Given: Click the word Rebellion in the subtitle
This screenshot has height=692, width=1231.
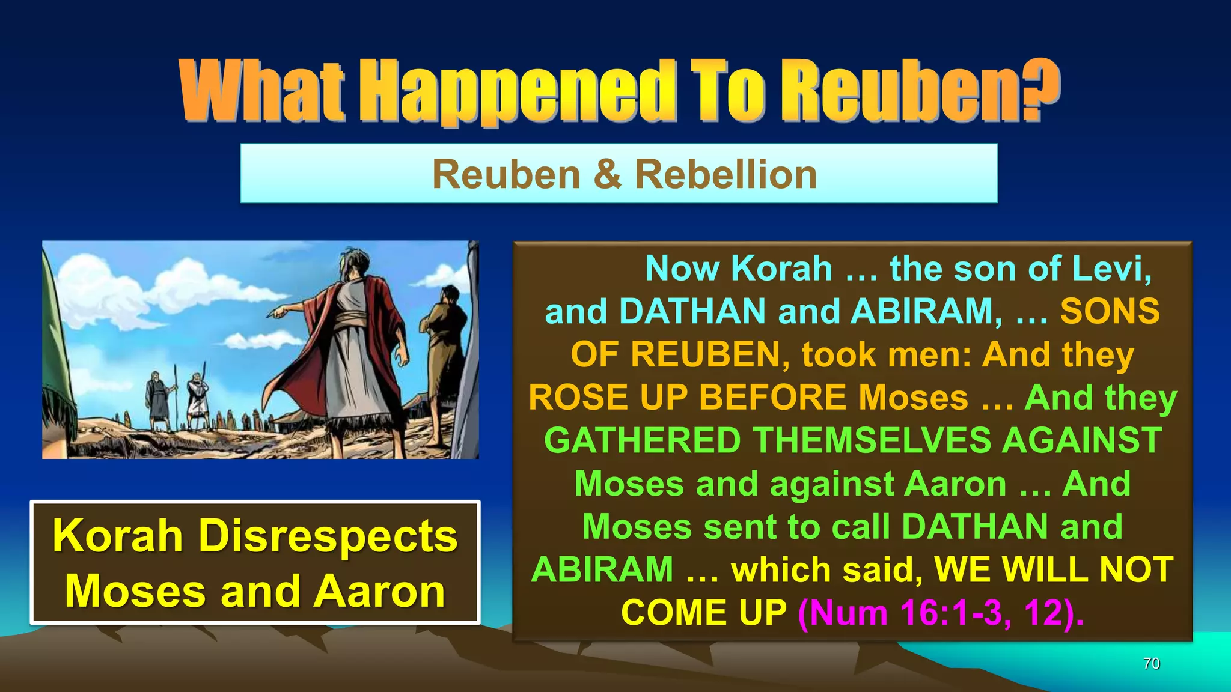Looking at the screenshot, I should pyautogui.click(x=725, y=175).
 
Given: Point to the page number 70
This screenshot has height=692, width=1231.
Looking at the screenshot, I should pyautogui.click(x=1151, y=663).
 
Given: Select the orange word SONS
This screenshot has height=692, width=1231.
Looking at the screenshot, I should pyautogui.click(x=1110, y=311).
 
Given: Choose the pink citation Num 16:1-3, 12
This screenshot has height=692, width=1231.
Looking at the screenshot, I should pyautogui.click(x=941, y=613).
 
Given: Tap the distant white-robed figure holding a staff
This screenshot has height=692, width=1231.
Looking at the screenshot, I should pyautogui.click(x=196, y=396).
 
